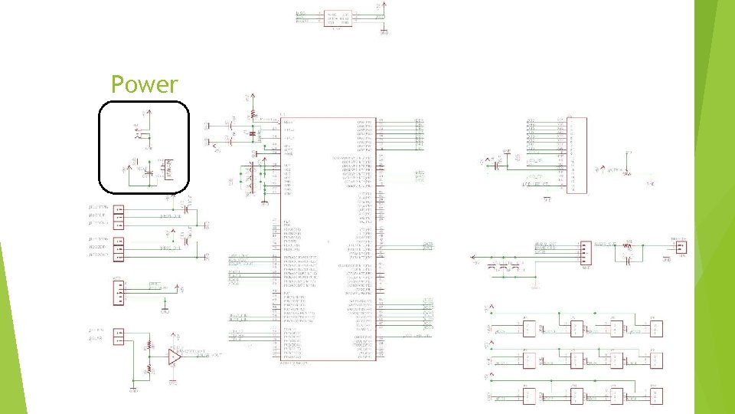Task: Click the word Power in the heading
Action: pos(144,84)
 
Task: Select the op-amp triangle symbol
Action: pos(175,356)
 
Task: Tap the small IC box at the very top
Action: pos(338,18)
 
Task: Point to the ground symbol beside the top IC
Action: pos(384,31)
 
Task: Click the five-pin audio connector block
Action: pos(586,251)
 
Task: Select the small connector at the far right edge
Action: pos(681,247)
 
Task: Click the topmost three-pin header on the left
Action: pos(119,215)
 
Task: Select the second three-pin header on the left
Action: pos(119,248)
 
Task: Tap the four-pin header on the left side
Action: pos(119,292)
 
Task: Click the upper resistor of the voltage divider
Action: pos(149,344)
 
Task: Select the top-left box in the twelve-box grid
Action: pos(529,329)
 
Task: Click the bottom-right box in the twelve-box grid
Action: pos(655,396)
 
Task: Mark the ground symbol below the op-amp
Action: pos(173,380)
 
